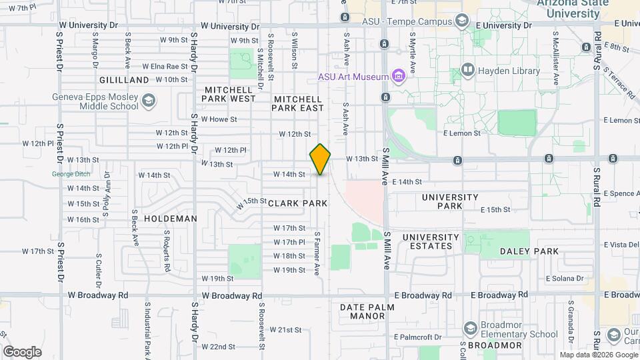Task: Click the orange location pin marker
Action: tap(320, 159)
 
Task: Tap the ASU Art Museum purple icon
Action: tap(399, 76)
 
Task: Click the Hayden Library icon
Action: tap(467, 70)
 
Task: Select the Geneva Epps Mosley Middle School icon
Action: tap(148, 101)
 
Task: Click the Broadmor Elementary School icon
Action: tap(471, 329)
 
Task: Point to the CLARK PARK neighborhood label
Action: tap(298, 203)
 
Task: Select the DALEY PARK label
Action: tap(529, 251)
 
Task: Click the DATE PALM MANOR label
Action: tap(367, 311)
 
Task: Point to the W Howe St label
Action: tap(220, 119)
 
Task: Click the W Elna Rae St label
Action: tap(165, 66)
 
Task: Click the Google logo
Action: tap(22, 351)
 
